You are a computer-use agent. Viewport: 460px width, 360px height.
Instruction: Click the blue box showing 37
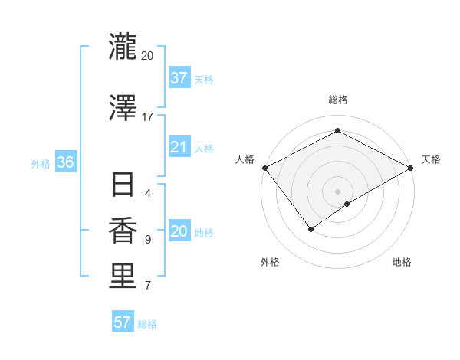coord(179,77)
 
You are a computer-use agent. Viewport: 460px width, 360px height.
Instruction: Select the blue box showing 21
coord(179,147)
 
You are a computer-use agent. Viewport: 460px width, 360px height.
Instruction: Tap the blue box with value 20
coord(179,232)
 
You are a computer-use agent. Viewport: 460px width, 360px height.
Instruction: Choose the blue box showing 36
coord(65,162)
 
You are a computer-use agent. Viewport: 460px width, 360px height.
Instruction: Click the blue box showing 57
coord(123,322)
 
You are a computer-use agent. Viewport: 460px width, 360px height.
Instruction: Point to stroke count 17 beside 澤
coord(147,117)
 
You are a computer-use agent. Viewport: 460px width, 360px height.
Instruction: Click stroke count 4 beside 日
coord(147,193)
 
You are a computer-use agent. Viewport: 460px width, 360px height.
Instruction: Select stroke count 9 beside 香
coord(147,240)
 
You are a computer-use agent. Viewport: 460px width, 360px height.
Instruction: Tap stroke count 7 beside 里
coord(147,286)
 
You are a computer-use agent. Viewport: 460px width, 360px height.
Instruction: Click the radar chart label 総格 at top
coord(337,100)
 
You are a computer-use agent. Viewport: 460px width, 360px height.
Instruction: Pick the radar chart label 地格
coord(402,262)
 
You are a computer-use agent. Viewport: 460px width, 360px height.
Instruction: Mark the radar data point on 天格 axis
coord(411,168)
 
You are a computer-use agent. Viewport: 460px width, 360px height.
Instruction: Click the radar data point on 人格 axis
coord(264,168)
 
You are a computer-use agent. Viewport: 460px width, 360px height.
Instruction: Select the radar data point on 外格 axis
coord(311,229)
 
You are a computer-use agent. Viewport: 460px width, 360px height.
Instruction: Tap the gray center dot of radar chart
coord(337,191)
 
